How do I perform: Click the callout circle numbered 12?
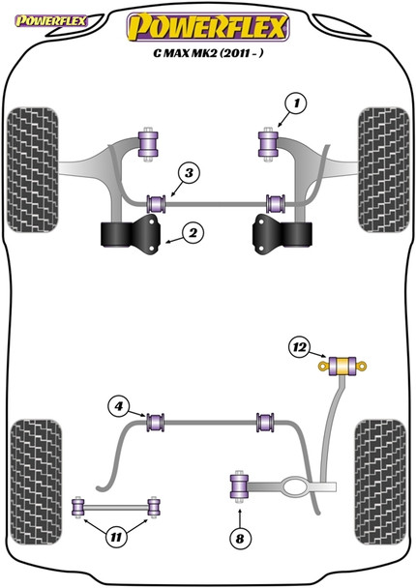click(x=301, y=347)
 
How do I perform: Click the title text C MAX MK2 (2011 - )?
click(x=208, y=56)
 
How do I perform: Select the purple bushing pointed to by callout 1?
click(x=267, y=143)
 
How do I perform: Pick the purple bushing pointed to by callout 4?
click(x=154, y=422)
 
